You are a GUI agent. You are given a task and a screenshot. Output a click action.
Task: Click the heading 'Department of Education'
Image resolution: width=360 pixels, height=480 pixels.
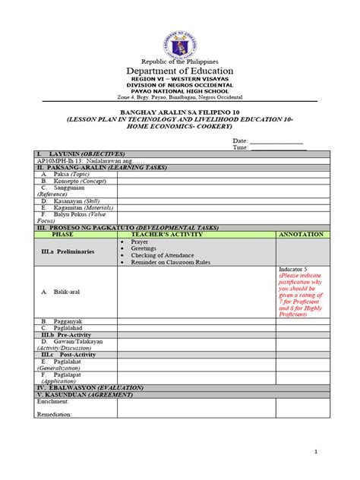[x=180, y=71]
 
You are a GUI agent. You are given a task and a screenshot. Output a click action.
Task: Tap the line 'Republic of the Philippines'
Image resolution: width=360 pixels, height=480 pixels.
[x=180, y=61]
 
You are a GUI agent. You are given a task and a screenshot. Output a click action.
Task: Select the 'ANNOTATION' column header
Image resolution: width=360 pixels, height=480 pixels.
[x=302, y=235]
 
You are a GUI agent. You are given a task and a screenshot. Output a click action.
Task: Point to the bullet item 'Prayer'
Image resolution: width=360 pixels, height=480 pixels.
[x=140, y=242]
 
